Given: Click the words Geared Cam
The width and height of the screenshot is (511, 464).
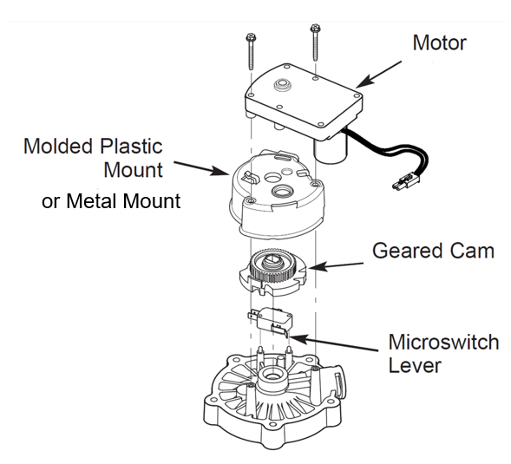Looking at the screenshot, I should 433,251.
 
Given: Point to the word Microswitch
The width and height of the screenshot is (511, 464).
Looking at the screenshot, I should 443,341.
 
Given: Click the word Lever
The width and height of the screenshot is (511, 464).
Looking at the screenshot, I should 416,365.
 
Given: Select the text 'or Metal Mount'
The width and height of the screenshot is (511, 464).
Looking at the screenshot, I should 111,202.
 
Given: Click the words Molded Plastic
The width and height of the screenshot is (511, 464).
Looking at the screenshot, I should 93,145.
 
